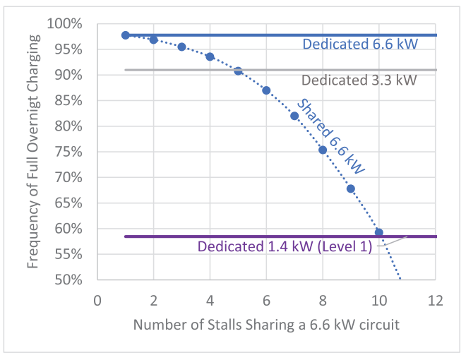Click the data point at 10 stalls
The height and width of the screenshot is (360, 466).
(x=379, y=232)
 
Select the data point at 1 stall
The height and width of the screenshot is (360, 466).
(x=126, y=35)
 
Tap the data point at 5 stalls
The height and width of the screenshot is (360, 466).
(x=238, y=71)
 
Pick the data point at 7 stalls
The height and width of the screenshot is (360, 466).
(x=294, y=116)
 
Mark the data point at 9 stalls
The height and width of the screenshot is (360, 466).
(x=351, y=188)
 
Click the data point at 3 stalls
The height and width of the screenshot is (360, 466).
(x=181, y=47)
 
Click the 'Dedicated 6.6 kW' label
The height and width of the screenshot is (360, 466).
(x=360, y=44)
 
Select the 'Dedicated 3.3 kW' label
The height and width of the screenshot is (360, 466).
(x=359, y=80)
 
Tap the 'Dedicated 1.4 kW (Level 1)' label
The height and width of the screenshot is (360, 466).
(x=285, y=247)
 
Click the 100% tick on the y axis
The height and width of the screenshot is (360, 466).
(x=68, y=24)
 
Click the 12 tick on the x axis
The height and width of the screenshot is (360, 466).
(x=436, y=299)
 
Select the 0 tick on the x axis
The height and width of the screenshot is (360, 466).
(x=97, y=299)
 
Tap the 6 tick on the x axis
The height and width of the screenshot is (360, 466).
(x=266, y=299)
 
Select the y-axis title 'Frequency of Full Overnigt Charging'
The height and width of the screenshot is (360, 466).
(x=33, y=152)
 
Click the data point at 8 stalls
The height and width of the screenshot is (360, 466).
(x=323, y=150)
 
